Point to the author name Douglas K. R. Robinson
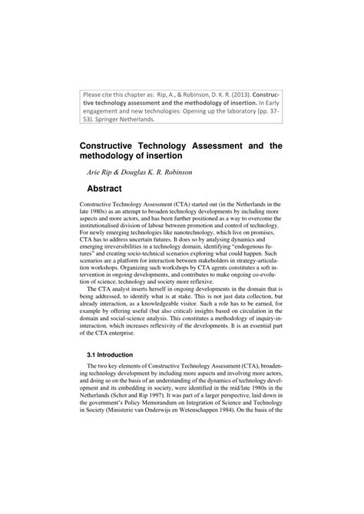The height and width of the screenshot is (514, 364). (x=170, y=172)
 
